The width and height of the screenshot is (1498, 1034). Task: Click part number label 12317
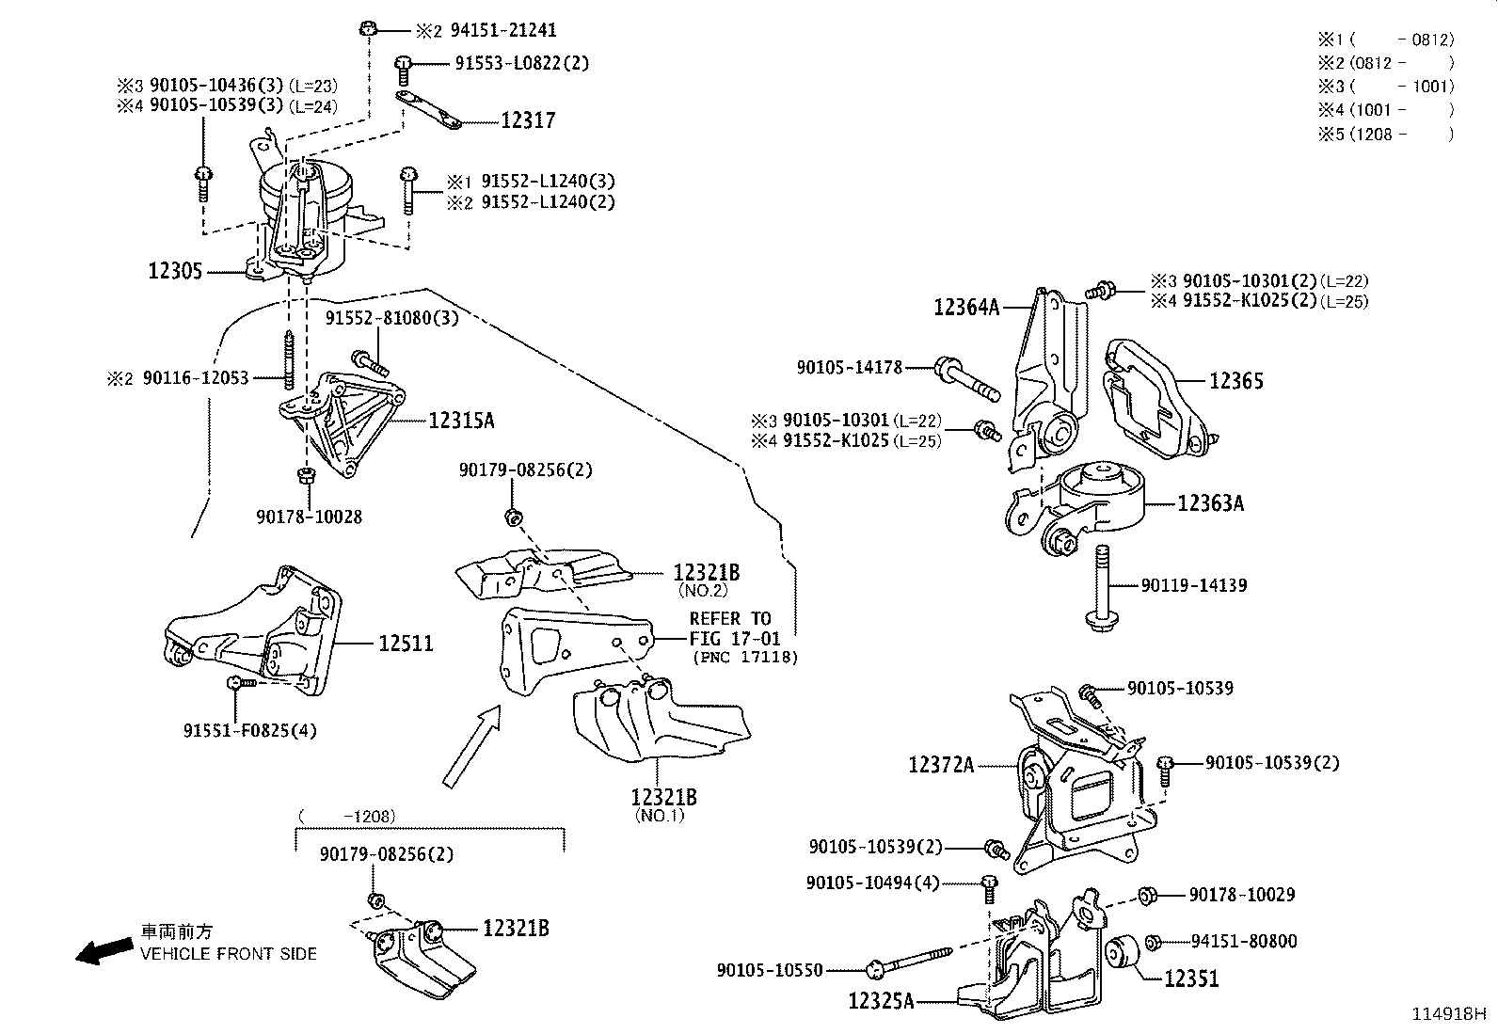tap(528, 120)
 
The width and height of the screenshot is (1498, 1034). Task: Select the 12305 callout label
tap(175, 272)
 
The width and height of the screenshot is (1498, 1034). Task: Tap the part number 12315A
tap(461, 421)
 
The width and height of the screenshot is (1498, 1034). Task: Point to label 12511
tap(406, 644)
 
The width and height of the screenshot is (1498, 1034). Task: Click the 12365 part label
tap(1235, 381)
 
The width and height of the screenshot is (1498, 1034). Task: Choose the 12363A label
tap(1210, 503)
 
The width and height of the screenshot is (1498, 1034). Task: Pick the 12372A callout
tap(941, 765)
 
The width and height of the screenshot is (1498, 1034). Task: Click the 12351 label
tap(1191, 978)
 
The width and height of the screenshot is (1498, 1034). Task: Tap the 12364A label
tap(966, 306)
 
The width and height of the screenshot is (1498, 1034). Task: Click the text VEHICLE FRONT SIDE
tap(229, 953)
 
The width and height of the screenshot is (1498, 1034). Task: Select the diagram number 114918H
tap(1447, 1014)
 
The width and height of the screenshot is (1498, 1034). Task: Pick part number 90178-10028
tap(309, 517)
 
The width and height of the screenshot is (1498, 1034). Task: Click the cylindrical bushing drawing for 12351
tap(1123, 953)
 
